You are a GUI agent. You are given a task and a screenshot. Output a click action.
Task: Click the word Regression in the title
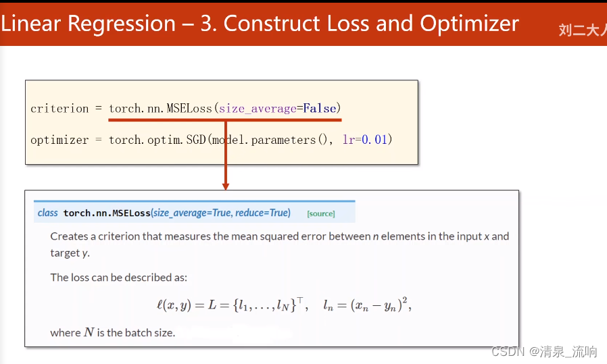pos(122,24)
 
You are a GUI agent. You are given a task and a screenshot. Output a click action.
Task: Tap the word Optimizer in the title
pos(469,24)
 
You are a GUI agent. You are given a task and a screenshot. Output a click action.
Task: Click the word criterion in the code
pos(59,108)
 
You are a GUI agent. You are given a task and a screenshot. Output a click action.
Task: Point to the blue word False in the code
pos(319,108)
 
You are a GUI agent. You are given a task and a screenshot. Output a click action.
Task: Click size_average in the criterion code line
pos(258,109)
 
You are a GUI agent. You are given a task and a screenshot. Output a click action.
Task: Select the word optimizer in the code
pos(59,140)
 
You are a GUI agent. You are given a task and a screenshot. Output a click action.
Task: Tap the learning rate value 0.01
pos(374,139)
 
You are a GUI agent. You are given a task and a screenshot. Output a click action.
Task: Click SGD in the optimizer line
pos(196,139)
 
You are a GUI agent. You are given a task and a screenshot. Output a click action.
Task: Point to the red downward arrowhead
pos(226,186)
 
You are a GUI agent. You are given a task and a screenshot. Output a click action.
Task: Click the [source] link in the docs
pos(321,213)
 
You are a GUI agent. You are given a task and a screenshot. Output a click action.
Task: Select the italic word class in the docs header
pos(47,213)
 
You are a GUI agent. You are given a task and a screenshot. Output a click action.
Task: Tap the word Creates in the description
pos(69,236)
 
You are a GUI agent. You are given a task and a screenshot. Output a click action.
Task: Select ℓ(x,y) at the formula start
pos(174,305)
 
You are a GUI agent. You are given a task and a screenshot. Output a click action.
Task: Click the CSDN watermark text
pos(508,351)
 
